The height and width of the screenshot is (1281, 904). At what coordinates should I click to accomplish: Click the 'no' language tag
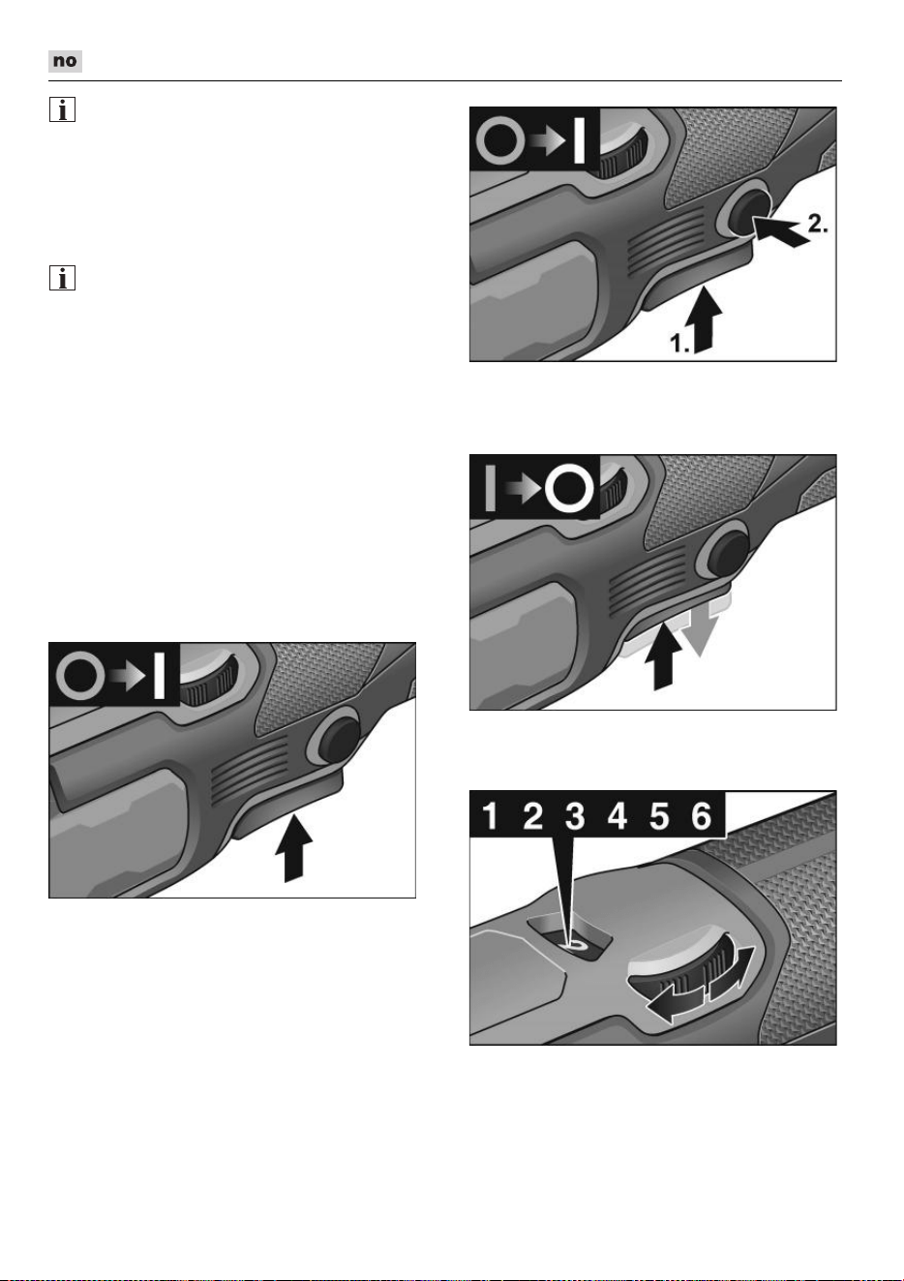65,61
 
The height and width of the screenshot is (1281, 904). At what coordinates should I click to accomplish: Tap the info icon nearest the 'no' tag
62,109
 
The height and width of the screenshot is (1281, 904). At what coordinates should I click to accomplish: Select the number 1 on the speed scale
490,816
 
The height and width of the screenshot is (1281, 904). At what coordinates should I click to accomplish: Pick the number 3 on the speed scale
575,816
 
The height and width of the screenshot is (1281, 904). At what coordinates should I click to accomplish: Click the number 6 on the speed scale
701,816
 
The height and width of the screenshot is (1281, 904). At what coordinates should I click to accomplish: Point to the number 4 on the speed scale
617,816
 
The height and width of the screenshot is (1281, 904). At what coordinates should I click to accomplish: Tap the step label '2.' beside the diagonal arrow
818,223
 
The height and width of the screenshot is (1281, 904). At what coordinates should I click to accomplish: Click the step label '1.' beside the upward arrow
680,343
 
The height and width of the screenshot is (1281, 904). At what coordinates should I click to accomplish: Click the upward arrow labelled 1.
707,320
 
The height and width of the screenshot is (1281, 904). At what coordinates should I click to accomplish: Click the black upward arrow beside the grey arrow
663,656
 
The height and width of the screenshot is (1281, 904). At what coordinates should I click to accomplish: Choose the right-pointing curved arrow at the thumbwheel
733,974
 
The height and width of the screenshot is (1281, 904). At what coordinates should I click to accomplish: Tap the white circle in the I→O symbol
568,488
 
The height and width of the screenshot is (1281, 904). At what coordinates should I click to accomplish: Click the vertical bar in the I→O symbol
490,488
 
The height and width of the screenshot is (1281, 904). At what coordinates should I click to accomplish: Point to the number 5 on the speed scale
659,816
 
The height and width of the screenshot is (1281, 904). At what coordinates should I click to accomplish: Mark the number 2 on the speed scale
532,816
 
